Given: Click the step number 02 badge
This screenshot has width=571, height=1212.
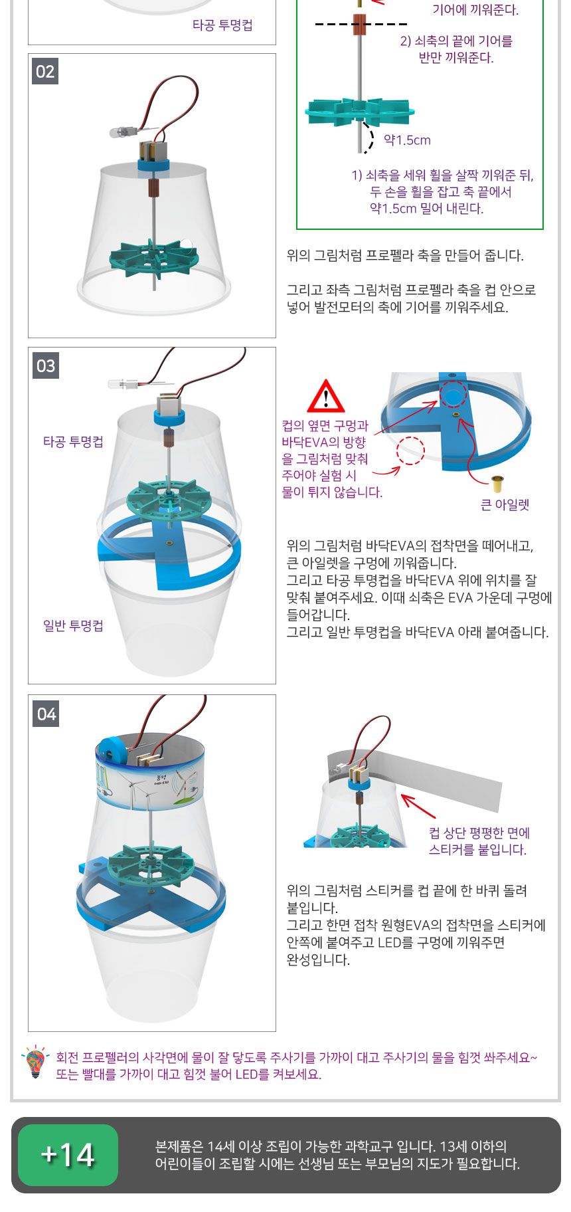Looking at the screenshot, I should point(45,71).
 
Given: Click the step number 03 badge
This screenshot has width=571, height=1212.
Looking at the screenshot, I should point(45,365).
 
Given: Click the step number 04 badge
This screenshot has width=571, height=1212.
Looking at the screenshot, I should point(46,714).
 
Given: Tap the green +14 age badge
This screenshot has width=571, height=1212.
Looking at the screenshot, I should point(68,1155).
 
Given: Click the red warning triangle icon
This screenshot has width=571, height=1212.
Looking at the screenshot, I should point(325,397).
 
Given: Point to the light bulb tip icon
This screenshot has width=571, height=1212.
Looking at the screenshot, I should point(35,1061).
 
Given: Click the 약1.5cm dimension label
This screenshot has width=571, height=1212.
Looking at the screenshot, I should point(407,140).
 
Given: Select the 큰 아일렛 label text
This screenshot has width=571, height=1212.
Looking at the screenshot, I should point(505,505).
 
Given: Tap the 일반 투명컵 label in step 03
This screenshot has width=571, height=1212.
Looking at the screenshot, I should point(73,625).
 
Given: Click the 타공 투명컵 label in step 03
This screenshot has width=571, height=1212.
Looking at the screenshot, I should point(73,442).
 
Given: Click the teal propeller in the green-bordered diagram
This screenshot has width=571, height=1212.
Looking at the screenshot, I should point(359,112).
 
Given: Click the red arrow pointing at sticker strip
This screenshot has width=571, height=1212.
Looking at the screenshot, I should point(418,806).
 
